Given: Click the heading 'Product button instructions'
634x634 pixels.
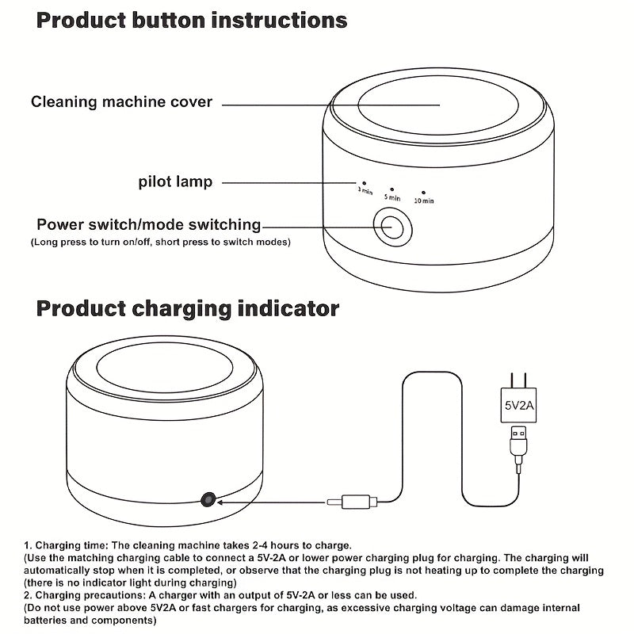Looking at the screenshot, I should [192, 21].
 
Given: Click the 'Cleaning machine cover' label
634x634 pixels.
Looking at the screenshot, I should [121, 101].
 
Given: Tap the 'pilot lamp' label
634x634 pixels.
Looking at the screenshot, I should [175, 182].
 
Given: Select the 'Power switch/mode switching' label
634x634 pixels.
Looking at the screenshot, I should [149, 225].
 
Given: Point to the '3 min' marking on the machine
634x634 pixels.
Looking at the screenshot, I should [364, 190].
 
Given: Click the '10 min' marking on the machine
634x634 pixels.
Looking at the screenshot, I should [424, 201].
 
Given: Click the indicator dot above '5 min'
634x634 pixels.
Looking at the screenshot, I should [391, 187].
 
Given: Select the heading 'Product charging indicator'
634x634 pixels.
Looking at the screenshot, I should [188, 308].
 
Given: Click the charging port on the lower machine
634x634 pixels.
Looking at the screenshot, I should [208, 498].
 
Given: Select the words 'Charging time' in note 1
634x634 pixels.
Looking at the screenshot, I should [72, 545].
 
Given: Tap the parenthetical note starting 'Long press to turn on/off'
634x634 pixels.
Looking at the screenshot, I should [160, 241].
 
